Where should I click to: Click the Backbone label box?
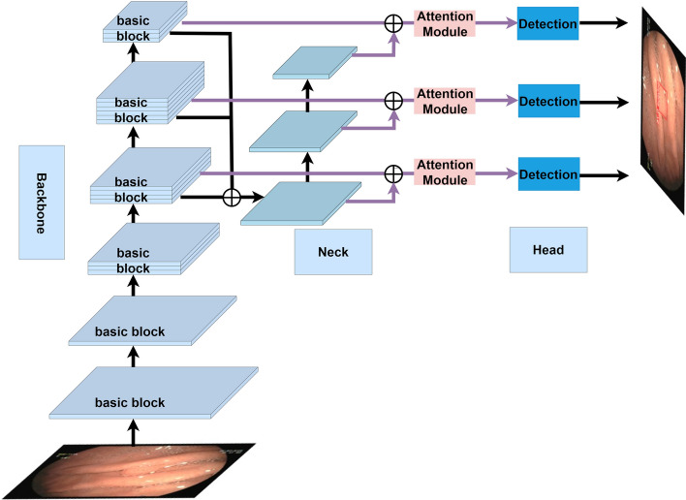click(x=41, y=203)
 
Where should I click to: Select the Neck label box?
click(x=333, y=252)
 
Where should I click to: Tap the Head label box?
click(x=548, y=250)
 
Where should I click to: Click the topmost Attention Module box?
click(x=446, y=23)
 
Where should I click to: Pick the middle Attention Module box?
click(x=446, y=99)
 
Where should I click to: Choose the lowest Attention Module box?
click(x=446, y=173)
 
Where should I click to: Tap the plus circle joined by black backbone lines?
click(x=232, y=197)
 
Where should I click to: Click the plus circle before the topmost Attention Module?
click(x=392, y=23)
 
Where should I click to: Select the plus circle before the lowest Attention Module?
click(x=392, y=173)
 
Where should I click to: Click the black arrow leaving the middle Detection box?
click(x=604, y=99)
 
